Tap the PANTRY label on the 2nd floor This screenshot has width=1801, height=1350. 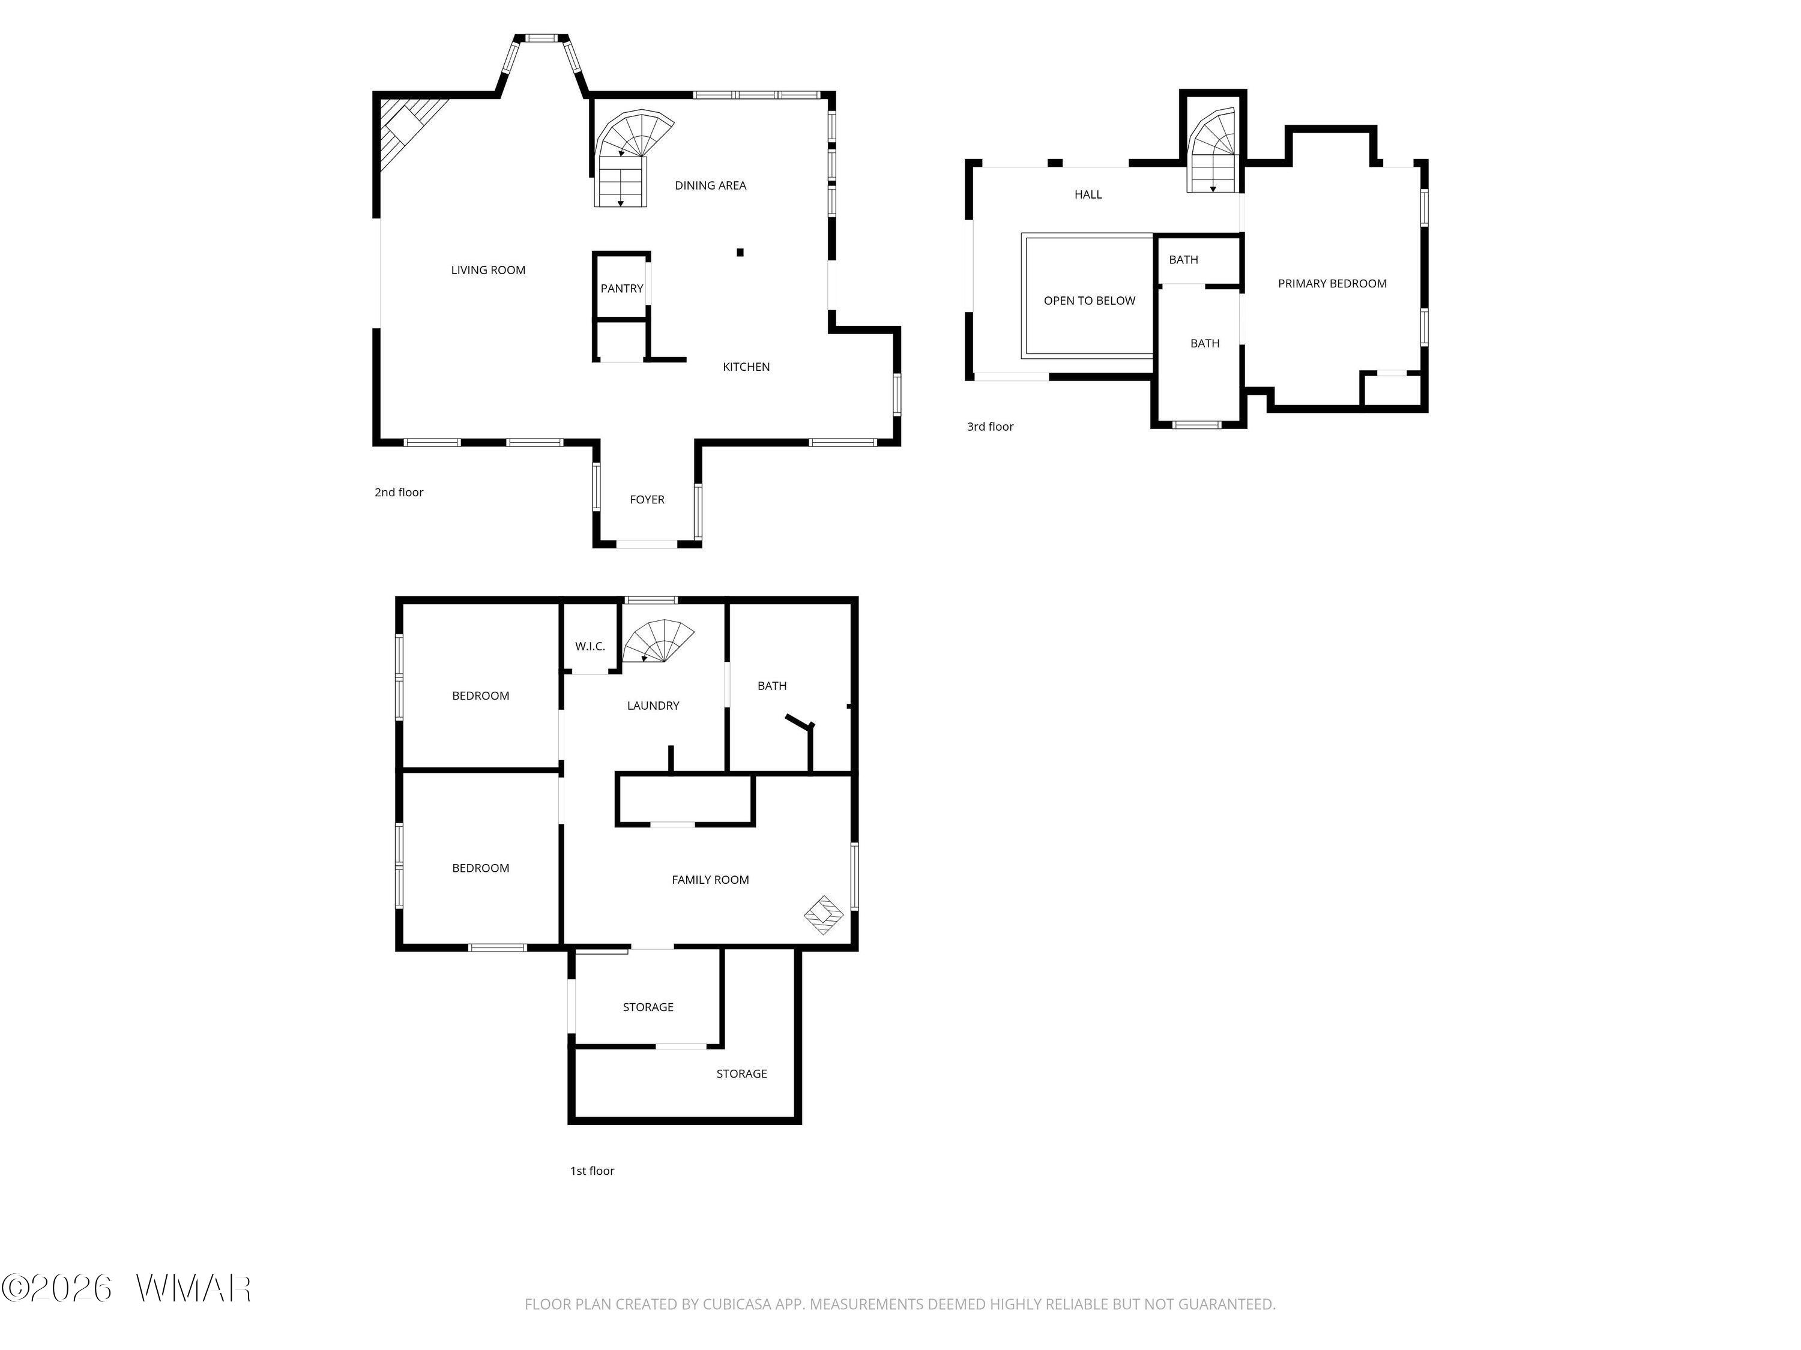(x=622, y=288)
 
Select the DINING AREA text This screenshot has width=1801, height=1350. (x=710, y=185)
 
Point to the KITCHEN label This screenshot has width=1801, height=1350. (x=746, y=367)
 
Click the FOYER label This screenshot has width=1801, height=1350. (x=647, y=500)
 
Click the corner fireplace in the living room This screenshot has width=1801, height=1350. (x=407, y=130)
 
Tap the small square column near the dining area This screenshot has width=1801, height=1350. (x=740, y=252)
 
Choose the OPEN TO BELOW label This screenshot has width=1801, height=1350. (x=1090, y=301)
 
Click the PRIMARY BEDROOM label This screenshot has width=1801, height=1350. (x=1332, y=284)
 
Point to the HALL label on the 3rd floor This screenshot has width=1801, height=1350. (x=1088, y=194)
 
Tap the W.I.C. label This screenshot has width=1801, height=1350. (x=590, y=647)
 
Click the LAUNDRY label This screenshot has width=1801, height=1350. (x=653, y=706)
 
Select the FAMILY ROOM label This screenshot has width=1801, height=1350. (x=710, y=880)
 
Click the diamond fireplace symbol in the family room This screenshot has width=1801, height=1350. (x=824, y=916)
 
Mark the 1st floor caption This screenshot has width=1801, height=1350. (x=592, y=1171)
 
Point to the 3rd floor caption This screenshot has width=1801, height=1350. (x=990, y=427)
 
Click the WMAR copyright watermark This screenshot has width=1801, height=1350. (x=126, y=1288)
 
